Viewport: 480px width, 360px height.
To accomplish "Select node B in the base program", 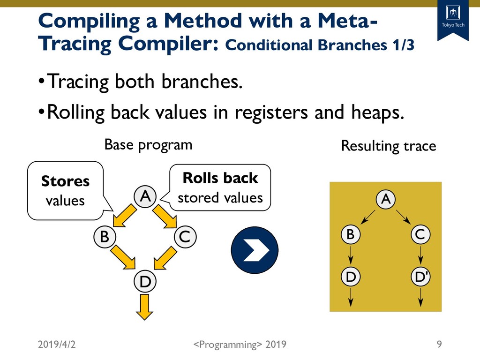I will coord(105,237).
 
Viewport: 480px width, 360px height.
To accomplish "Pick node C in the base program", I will coord(185,237).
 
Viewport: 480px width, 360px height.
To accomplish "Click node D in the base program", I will coord(145,281).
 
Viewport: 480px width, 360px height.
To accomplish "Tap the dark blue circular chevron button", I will coord(255,249).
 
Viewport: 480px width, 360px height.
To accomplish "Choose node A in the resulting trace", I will coord(385,199).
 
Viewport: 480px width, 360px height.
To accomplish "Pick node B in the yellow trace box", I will coord(350,234).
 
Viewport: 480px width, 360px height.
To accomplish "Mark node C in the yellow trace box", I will coord(420,234).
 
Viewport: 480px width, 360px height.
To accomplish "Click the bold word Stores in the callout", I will coord(65,181).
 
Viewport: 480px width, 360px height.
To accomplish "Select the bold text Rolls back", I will coord(220,178).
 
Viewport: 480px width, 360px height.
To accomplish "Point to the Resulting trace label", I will coord(388,146).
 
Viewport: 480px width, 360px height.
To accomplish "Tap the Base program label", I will coord(148,144).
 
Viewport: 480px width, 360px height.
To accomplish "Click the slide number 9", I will coord(439,345).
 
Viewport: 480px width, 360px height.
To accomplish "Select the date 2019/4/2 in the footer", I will coord(57,345).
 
